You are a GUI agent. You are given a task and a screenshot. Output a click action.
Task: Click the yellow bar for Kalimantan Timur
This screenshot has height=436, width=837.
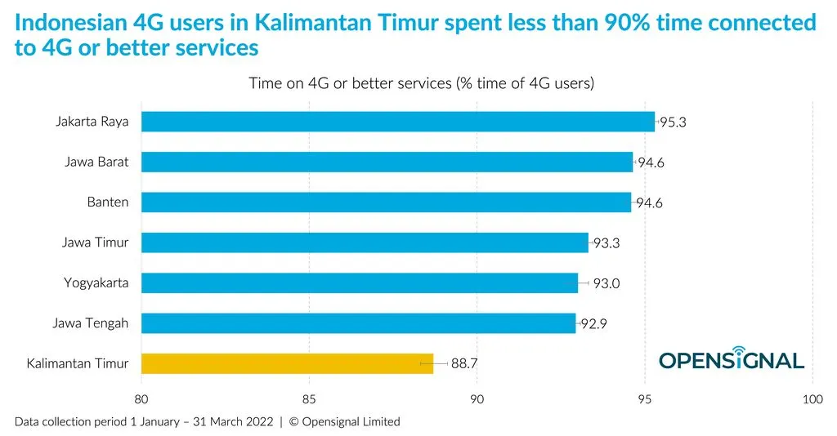point(287,363)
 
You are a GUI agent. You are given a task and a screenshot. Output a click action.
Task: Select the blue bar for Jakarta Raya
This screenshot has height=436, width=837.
point(398,122)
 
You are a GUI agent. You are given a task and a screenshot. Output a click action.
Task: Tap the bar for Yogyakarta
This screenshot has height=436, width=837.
point(360,283)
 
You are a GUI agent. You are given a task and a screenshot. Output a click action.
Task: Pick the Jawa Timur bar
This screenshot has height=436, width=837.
point(365,242)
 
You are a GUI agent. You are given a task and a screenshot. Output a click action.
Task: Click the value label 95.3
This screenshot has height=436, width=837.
point(673,122)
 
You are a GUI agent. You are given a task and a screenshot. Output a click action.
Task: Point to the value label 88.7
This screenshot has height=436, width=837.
point(464,364)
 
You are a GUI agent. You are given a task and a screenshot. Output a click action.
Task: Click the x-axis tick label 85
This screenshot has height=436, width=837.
point(310,399)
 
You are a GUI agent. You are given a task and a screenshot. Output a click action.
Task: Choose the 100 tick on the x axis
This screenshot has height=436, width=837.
point(812,399)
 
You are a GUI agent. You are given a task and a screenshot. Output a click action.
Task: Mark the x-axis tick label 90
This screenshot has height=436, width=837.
point(477,399)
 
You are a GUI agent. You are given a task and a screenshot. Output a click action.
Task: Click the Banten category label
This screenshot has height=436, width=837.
point(108,202)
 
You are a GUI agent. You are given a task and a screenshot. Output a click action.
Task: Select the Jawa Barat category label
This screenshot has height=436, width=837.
point(96,162)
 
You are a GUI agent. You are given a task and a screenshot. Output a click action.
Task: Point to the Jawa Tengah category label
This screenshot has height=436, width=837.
point(91,323)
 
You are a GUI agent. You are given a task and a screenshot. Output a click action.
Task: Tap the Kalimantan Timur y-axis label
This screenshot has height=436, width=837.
point(78,363)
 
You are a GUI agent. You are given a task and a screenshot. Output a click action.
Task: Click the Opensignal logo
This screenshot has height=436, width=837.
point(732,358)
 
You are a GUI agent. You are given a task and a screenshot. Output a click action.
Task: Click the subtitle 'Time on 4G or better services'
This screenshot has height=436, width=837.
point(421,83)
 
